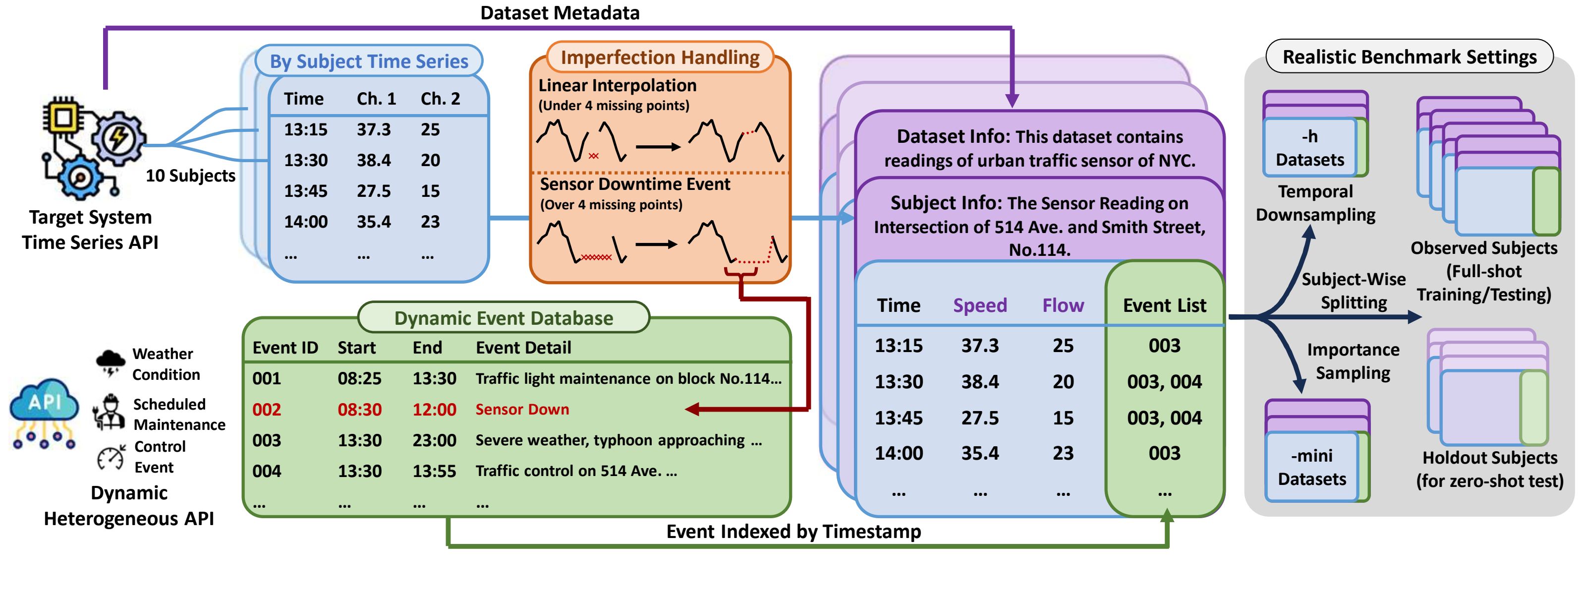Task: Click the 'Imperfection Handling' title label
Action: [x=660, y=57]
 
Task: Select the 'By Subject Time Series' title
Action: [x=369, y=61]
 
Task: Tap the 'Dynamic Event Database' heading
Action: [x=503, y=318]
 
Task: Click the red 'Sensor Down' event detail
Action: [x=522, y=409]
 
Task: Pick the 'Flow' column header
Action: [x=1063, y=305]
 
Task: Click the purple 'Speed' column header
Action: [x=979, y=305]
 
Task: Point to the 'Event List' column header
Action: [x=1164, y=305]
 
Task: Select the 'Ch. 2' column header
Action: [x=440, y=98]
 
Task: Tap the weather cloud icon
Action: [x=111, y=361]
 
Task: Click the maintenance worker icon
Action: [x=110, y=412]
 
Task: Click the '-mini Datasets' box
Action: [x=1311, y=467]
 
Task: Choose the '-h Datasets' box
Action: [x=1310, y=148]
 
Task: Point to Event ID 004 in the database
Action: [x=266, y=471]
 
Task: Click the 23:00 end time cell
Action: [x=434, y=440]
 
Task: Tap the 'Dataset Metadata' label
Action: [x=560, y=12]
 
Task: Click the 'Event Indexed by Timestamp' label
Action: [x=793, y=532]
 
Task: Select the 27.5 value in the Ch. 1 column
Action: [x=373, y=190]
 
